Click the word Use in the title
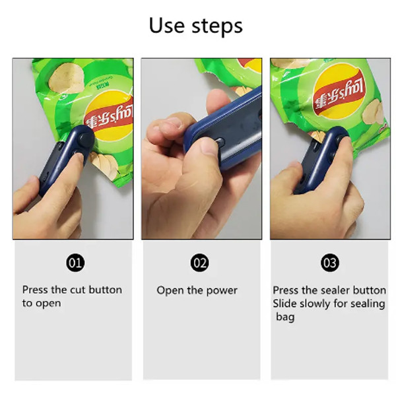167,25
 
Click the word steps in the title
217,27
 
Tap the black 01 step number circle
75,263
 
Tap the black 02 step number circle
200,263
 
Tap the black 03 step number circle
330,263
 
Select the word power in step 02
222,291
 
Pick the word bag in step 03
285,317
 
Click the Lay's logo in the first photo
109,117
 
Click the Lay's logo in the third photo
340,93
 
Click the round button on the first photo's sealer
85,139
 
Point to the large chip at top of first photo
66,79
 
